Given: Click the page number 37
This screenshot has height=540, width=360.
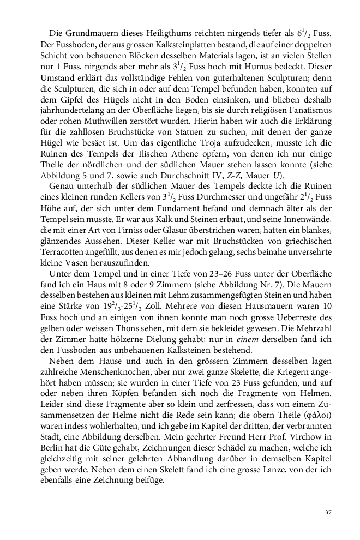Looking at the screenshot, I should pyautogui.click(x=328, y=512).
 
